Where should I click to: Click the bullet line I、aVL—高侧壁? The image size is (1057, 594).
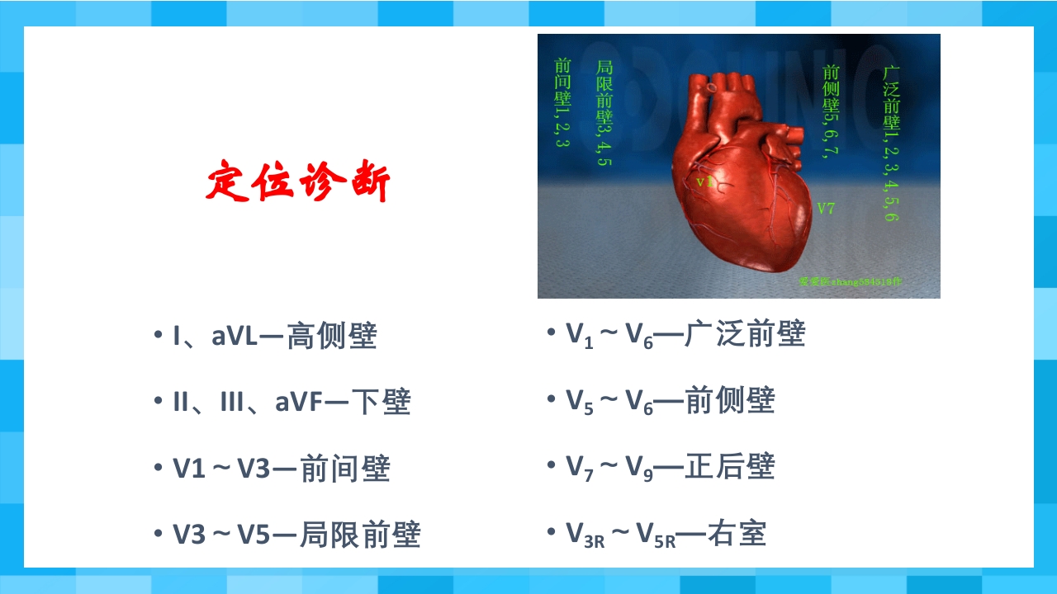click(274, 337)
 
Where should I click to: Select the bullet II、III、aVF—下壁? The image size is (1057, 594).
click(291, 403)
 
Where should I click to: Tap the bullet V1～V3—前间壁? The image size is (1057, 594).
click(281, 469)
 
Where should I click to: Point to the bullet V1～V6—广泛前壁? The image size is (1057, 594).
click(685, 334)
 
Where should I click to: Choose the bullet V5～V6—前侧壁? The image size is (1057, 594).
click(670, 400)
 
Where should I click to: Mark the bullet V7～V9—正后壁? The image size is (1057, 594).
click(670, 467)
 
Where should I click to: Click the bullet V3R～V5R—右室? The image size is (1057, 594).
click(666, 533)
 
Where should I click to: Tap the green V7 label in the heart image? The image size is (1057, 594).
click(826, 209)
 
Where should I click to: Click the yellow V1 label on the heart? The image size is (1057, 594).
click(704, 181)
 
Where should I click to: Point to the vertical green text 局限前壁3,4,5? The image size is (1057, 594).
click(604, 113)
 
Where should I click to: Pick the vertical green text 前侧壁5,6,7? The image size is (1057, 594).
click(832, 111)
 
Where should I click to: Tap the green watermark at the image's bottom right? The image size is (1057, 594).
click(851, 281)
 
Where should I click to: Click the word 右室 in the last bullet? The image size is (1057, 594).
click(742, 533)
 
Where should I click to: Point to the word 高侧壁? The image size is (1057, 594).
click(332, 337)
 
